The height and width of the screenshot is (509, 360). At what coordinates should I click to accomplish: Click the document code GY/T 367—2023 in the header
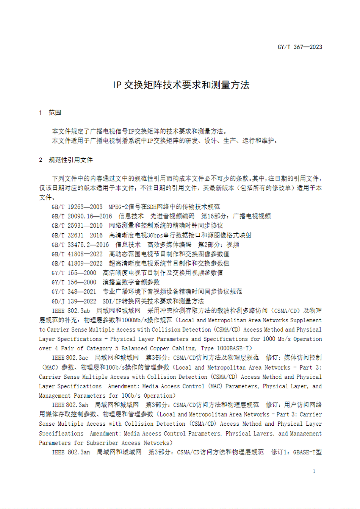pyautogui.click(x=300, y=47)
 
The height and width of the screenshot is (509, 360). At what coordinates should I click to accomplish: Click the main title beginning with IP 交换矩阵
pyautogui.click(x=181, y=85)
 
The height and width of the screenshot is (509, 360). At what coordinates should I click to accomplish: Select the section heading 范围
pyautogui.click(x=55, y=112)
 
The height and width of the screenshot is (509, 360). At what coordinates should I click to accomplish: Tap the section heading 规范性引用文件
pyautogui.click(x=70, y=160)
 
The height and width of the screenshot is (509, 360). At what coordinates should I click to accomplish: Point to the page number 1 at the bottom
pyautogui.click(x=314, y=471)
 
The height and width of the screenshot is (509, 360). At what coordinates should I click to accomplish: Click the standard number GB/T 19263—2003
pyautogui.click(x=77, y=207)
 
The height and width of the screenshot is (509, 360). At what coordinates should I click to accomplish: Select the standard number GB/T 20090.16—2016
pyautogui.click(x=82, y=216)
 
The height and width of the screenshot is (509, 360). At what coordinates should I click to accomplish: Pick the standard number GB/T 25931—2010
pyautogui.click(x=77, y=226)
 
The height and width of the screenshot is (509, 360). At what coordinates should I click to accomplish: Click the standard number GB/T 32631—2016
pyautogui.click(x=77, y=235)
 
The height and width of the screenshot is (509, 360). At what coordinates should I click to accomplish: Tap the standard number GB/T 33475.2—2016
pyautogui.click(x=80, y=245)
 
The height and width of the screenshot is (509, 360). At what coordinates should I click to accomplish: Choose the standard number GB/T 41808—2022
pyautogui.click(x=77, y=254)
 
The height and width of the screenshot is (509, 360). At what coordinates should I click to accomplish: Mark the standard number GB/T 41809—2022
pyautogui.click(x=77, y=263)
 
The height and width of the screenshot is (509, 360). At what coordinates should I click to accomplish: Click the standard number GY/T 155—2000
pyautogui.click(x=74, y=273)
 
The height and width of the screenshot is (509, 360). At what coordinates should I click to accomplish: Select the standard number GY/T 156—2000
pyautogui.click(x=74, y=282)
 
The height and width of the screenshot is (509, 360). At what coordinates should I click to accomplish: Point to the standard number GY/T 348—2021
pyautogui.click(x=74, y=292)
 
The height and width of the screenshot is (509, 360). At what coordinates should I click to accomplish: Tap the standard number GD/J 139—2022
pyautogui.click(x=74, y=301)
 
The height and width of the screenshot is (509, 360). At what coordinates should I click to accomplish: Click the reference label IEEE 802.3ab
pyautogui.click(x=71, y=311)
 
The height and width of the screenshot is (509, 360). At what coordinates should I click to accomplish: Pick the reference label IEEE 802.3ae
pyautogui.click(x=70, y=358)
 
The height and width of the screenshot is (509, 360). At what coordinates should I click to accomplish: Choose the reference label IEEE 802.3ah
pyautogui.click(x=70, y=405)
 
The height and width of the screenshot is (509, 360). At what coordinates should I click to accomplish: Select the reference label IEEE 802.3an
pyautogui.click(x=71, y=452)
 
